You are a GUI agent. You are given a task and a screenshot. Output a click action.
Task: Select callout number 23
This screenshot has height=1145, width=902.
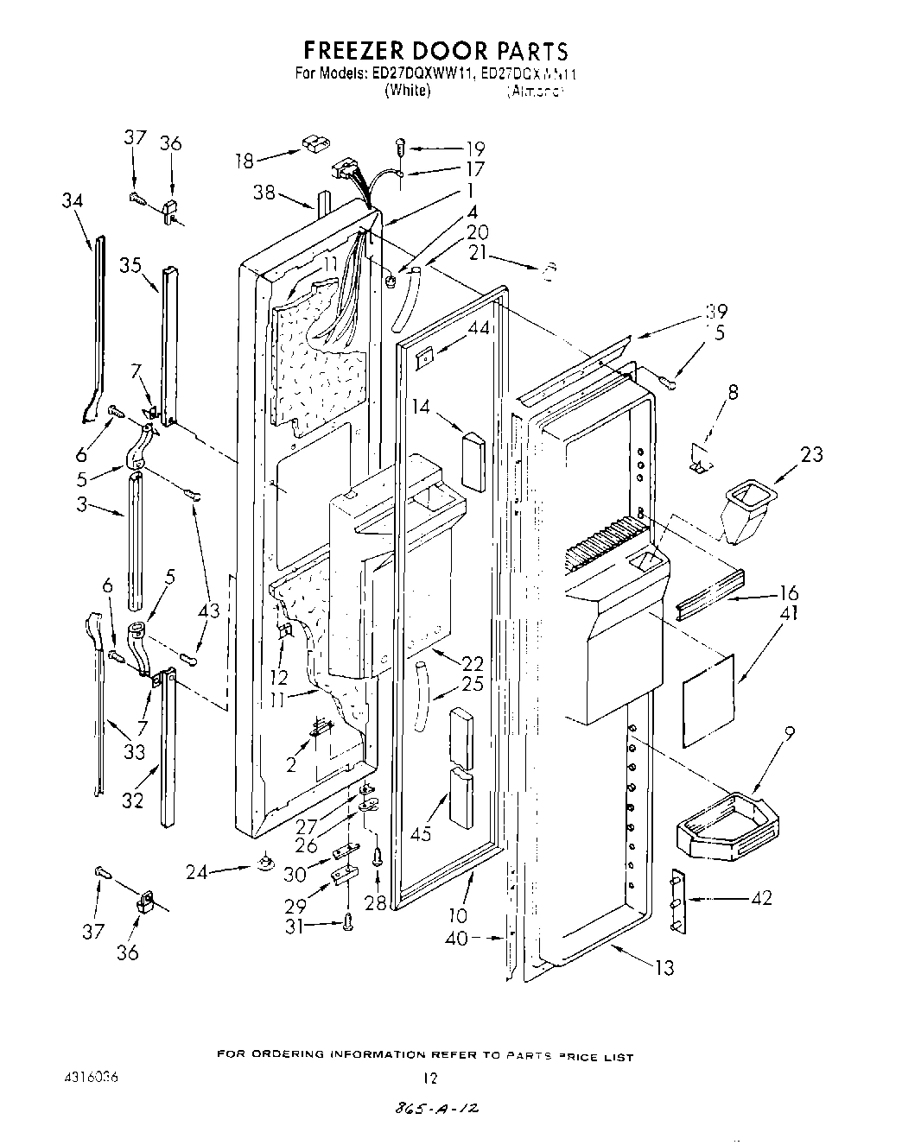pos(811,454)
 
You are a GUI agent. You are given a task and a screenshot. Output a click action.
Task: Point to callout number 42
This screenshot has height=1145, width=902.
pos(761,897)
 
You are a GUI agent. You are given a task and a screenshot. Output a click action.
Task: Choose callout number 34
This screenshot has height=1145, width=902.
pos(73,201)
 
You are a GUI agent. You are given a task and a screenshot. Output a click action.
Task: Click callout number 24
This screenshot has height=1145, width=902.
pos(198,871)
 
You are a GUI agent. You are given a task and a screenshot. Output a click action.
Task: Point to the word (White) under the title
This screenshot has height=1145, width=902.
pos(408,90)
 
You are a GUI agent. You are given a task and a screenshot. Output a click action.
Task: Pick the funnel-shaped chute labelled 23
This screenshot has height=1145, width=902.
pos(747,515)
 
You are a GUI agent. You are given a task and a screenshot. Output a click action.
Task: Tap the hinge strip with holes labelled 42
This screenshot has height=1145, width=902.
pos(676,902)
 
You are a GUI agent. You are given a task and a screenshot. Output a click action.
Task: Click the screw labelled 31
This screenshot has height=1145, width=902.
pos(348,922)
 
